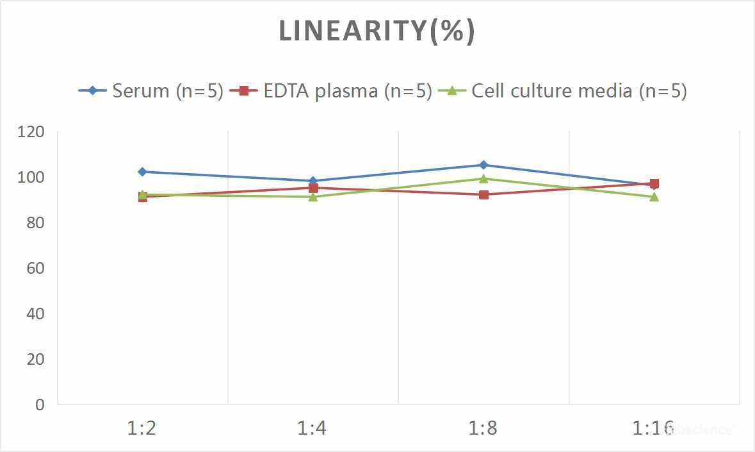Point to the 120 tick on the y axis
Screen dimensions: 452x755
31,132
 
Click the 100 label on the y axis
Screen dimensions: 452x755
31,178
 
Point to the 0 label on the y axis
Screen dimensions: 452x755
40,405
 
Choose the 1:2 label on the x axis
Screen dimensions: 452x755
142,428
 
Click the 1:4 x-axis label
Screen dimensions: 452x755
313,428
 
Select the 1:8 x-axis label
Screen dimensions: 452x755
483,428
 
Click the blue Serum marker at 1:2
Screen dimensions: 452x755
142,172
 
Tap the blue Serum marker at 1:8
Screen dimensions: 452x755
483,165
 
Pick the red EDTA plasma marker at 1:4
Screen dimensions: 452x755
313,188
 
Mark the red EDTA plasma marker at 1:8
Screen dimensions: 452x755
483,194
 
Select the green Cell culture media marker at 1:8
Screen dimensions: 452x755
483,179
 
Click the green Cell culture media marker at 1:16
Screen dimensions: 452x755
654,197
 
